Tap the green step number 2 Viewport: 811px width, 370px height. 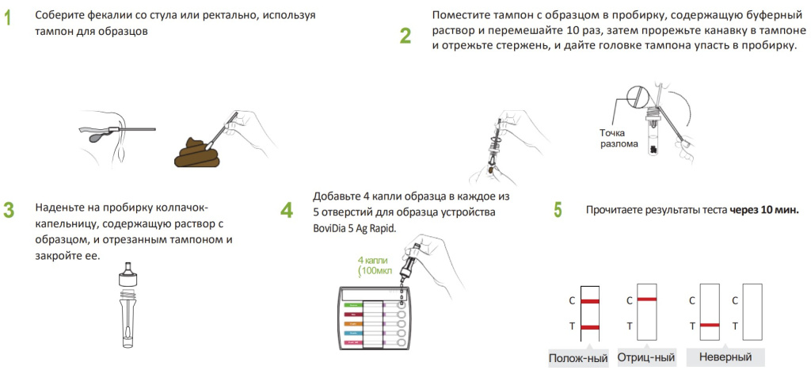pyautogui.click(x=405, y=36)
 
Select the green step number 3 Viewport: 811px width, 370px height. pyautogui.click(x=9, y=210)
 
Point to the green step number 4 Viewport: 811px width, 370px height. pyautogui.click(x=286, y=210)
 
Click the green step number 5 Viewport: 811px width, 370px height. pyautogui.click(x=558, y=210)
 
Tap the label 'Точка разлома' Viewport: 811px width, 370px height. pyautogui.click(x=619, y=138)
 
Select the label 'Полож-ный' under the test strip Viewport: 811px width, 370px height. pyautogui.click(x=578, y=358)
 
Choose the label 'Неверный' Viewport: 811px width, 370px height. pyautogui.click(x=725, y=357)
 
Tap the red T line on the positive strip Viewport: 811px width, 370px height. pyautogui.click(x=589, y=326)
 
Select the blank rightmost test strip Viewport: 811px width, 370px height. pyautogui.click(x=752, y=314)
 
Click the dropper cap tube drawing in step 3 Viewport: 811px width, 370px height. pyautogui.click(x=127, y=305)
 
